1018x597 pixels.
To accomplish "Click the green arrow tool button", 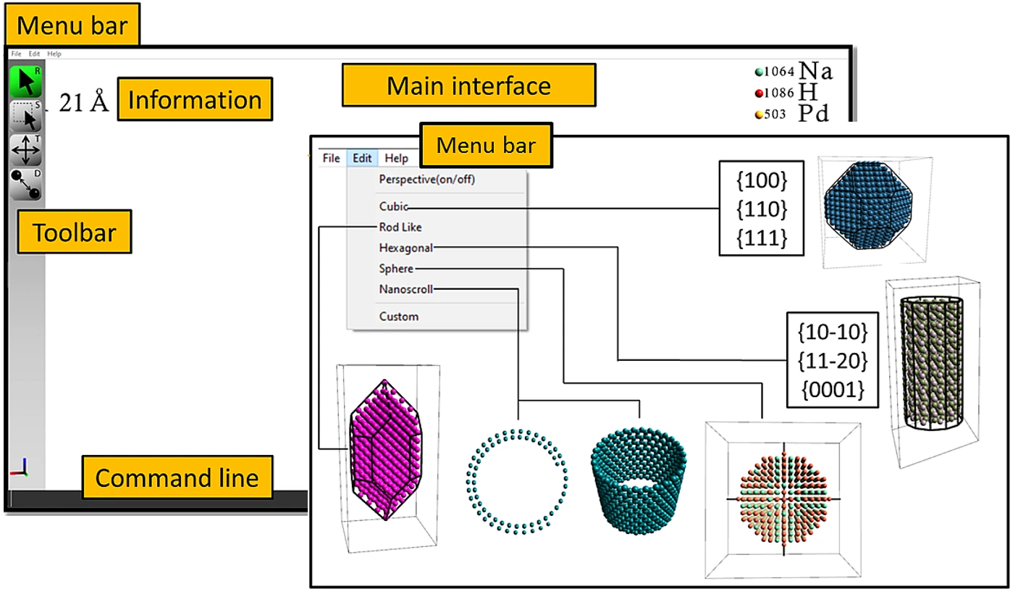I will click(x=26, y=82).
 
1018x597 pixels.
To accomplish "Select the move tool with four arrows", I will click(x=26, y=150).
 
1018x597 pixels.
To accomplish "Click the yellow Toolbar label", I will click(x=74, y=233).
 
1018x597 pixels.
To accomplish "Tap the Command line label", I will click(x=177, y=478).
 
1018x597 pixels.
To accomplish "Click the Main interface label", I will click(x=468, y=85).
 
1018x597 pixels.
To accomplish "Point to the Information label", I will click(x=195, y=99).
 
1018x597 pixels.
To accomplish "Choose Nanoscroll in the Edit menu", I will click(x=405, y=289).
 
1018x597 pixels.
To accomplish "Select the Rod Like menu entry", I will click(x=400, y=227).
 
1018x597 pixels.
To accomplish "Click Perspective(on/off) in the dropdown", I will click(x=426, y=179).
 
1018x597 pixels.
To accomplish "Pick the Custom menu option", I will click(x=398, y=316).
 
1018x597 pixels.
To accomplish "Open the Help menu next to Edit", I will click(x=396, y=158).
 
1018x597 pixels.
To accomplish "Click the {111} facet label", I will click(x=761, y=238).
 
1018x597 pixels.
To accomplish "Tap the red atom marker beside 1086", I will click(x=759, y=93).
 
